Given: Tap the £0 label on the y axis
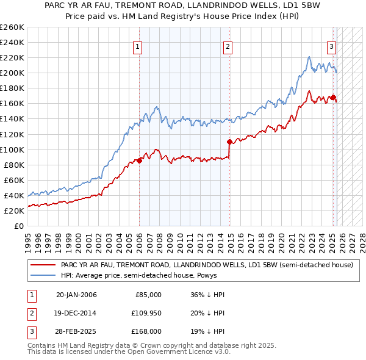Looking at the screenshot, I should click(18, 226).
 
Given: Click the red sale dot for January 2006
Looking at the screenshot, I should click(140, 161).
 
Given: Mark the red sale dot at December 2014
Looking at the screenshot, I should click(230, 142).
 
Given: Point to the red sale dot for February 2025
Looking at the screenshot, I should click(334, 97).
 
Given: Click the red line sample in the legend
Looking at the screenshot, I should click(42, 265).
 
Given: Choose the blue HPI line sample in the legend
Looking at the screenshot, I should click(42, 275).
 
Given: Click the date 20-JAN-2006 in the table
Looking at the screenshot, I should click(76, 295).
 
